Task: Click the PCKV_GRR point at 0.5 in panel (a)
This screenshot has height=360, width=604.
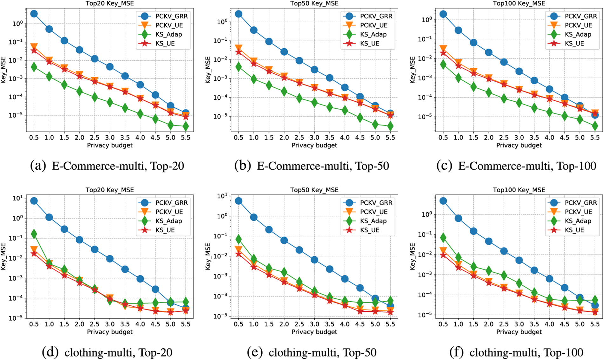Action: click(x=34, y=14)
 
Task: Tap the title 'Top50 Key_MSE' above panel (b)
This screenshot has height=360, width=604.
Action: click(x=314, y=3)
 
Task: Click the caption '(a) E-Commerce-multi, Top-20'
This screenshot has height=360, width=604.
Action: click(x=107, y=166)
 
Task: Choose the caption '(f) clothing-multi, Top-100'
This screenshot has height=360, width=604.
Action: click(x=517, y=352)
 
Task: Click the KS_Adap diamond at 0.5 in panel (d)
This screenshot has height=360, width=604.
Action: click(x=34, y=234)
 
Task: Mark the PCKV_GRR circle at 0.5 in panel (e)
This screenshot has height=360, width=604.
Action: click(x=238, y=201)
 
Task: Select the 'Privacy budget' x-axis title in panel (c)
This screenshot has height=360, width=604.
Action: click(x=519, y=145)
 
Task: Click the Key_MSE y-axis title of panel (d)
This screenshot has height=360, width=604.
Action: click(x=3, y=256)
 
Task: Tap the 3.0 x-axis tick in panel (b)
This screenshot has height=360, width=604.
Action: click(x=314, y=137)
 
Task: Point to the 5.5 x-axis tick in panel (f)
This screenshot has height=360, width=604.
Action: click(x=595, y=324)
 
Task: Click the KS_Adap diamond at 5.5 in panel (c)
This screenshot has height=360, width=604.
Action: click(x=595, y=126)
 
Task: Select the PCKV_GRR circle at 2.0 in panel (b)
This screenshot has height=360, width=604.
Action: click(x=284, y=52)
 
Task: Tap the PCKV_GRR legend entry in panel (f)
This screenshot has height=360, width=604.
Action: click(x=578, y=202)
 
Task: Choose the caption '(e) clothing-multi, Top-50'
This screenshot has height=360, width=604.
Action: click(x=312, y=352)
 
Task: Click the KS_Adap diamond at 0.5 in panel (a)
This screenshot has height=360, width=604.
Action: click(x=34, y=67)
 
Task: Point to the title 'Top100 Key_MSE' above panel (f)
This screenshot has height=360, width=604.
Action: click(x=519, y=190)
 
